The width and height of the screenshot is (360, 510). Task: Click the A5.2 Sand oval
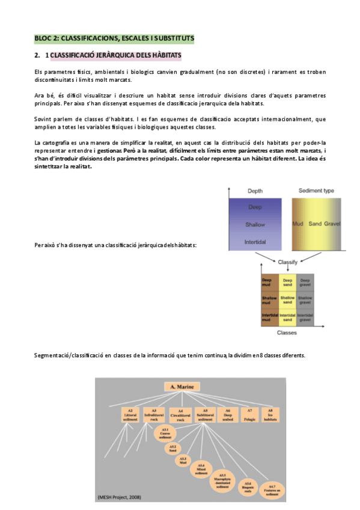(x=172, y=447)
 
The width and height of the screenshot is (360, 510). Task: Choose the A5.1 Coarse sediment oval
(x=164, y=432)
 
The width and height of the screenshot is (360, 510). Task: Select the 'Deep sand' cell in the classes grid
(x=288, y=282)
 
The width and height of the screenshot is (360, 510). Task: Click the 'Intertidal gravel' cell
(x=305, y=317)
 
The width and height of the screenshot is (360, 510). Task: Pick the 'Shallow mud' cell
(x=269, y=299)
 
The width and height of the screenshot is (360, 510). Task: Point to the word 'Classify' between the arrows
(x=288, y=262)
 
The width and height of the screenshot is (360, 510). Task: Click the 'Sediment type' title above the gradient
(x=316, y=191)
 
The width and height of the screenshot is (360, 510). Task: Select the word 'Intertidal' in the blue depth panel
(x=255, y=242)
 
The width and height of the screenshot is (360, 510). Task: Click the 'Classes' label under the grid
(x=287, y=332)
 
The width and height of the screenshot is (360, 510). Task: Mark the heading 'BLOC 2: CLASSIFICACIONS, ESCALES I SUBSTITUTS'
(x=114, y=38)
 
